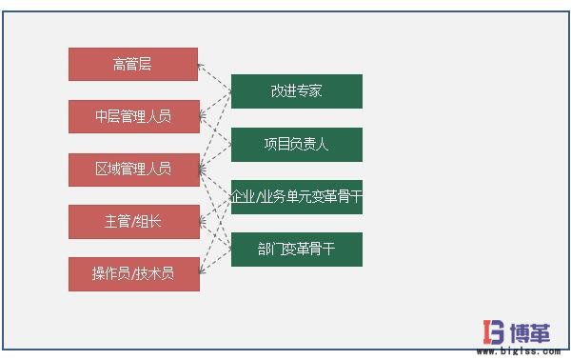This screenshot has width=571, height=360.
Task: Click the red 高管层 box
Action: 132,64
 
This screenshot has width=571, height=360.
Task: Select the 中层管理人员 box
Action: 133,116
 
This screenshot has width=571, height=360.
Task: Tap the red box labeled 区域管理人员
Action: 133,169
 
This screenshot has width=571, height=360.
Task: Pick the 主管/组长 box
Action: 133,221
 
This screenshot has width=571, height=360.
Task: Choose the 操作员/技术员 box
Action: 133,273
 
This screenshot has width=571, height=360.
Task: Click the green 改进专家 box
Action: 296,91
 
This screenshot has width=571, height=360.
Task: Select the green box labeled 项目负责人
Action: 296,145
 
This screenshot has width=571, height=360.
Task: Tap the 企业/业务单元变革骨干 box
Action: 296,197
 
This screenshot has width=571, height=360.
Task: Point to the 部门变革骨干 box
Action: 296,249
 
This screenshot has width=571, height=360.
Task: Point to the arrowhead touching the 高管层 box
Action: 202,67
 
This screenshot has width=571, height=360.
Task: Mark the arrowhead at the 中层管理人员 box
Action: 203,117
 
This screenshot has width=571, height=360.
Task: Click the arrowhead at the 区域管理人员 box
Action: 203,170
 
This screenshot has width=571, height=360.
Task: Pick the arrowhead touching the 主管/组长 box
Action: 203,221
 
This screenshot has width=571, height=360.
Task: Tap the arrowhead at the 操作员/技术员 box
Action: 203,272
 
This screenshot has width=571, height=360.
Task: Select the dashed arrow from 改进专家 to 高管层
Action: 216,78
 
